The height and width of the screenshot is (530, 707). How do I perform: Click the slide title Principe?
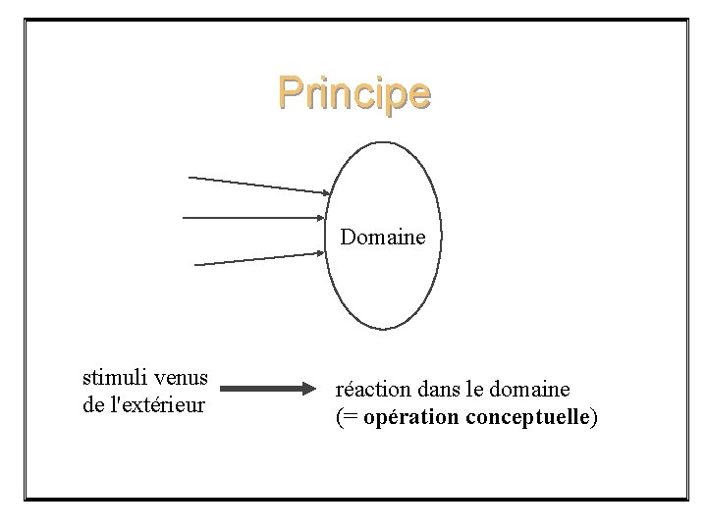click(x=353, y=93)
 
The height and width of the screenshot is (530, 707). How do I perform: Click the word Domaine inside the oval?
click(x=383, y=237)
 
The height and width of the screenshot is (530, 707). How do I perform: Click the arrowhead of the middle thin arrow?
click(x=323, y=218)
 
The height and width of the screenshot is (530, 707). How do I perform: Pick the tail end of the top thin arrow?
click(x=190, y=178)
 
